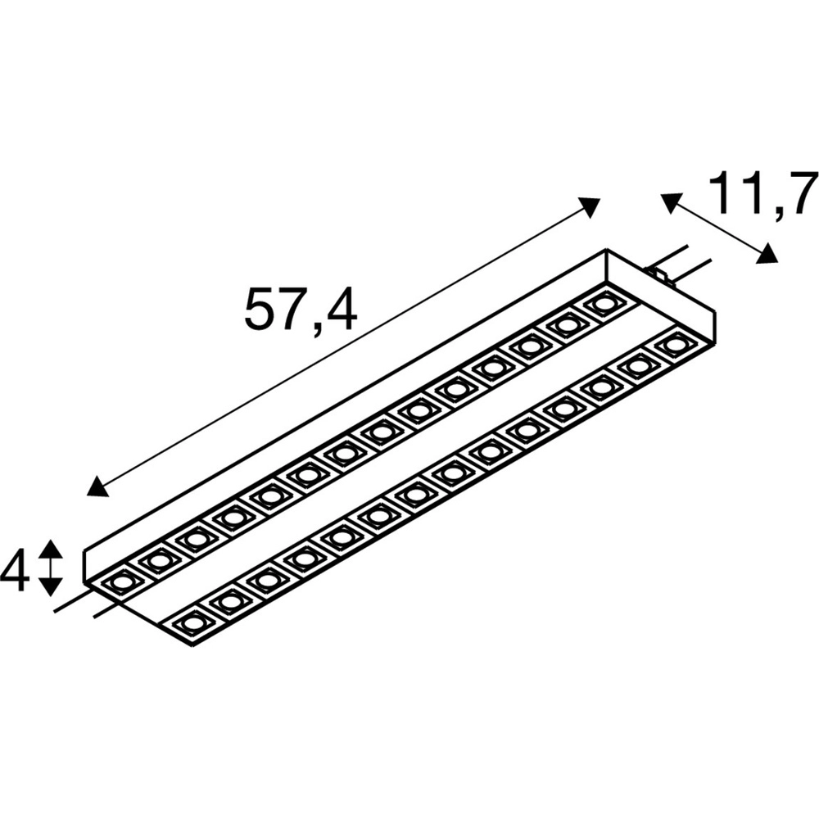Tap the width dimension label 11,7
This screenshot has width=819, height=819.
tap(763, 193)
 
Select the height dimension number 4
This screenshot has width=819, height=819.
tap(14, 570)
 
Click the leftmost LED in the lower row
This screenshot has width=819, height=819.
tap(192, 623)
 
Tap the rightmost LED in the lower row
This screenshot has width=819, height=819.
tap(675, 345)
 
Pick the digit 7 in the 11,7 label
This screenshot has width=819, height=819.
tap(800, 193)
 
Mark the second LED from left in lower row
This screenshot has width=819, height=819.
tap(229, 602)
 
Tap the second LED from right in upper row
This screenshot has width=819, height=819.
tap(566, 325)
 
